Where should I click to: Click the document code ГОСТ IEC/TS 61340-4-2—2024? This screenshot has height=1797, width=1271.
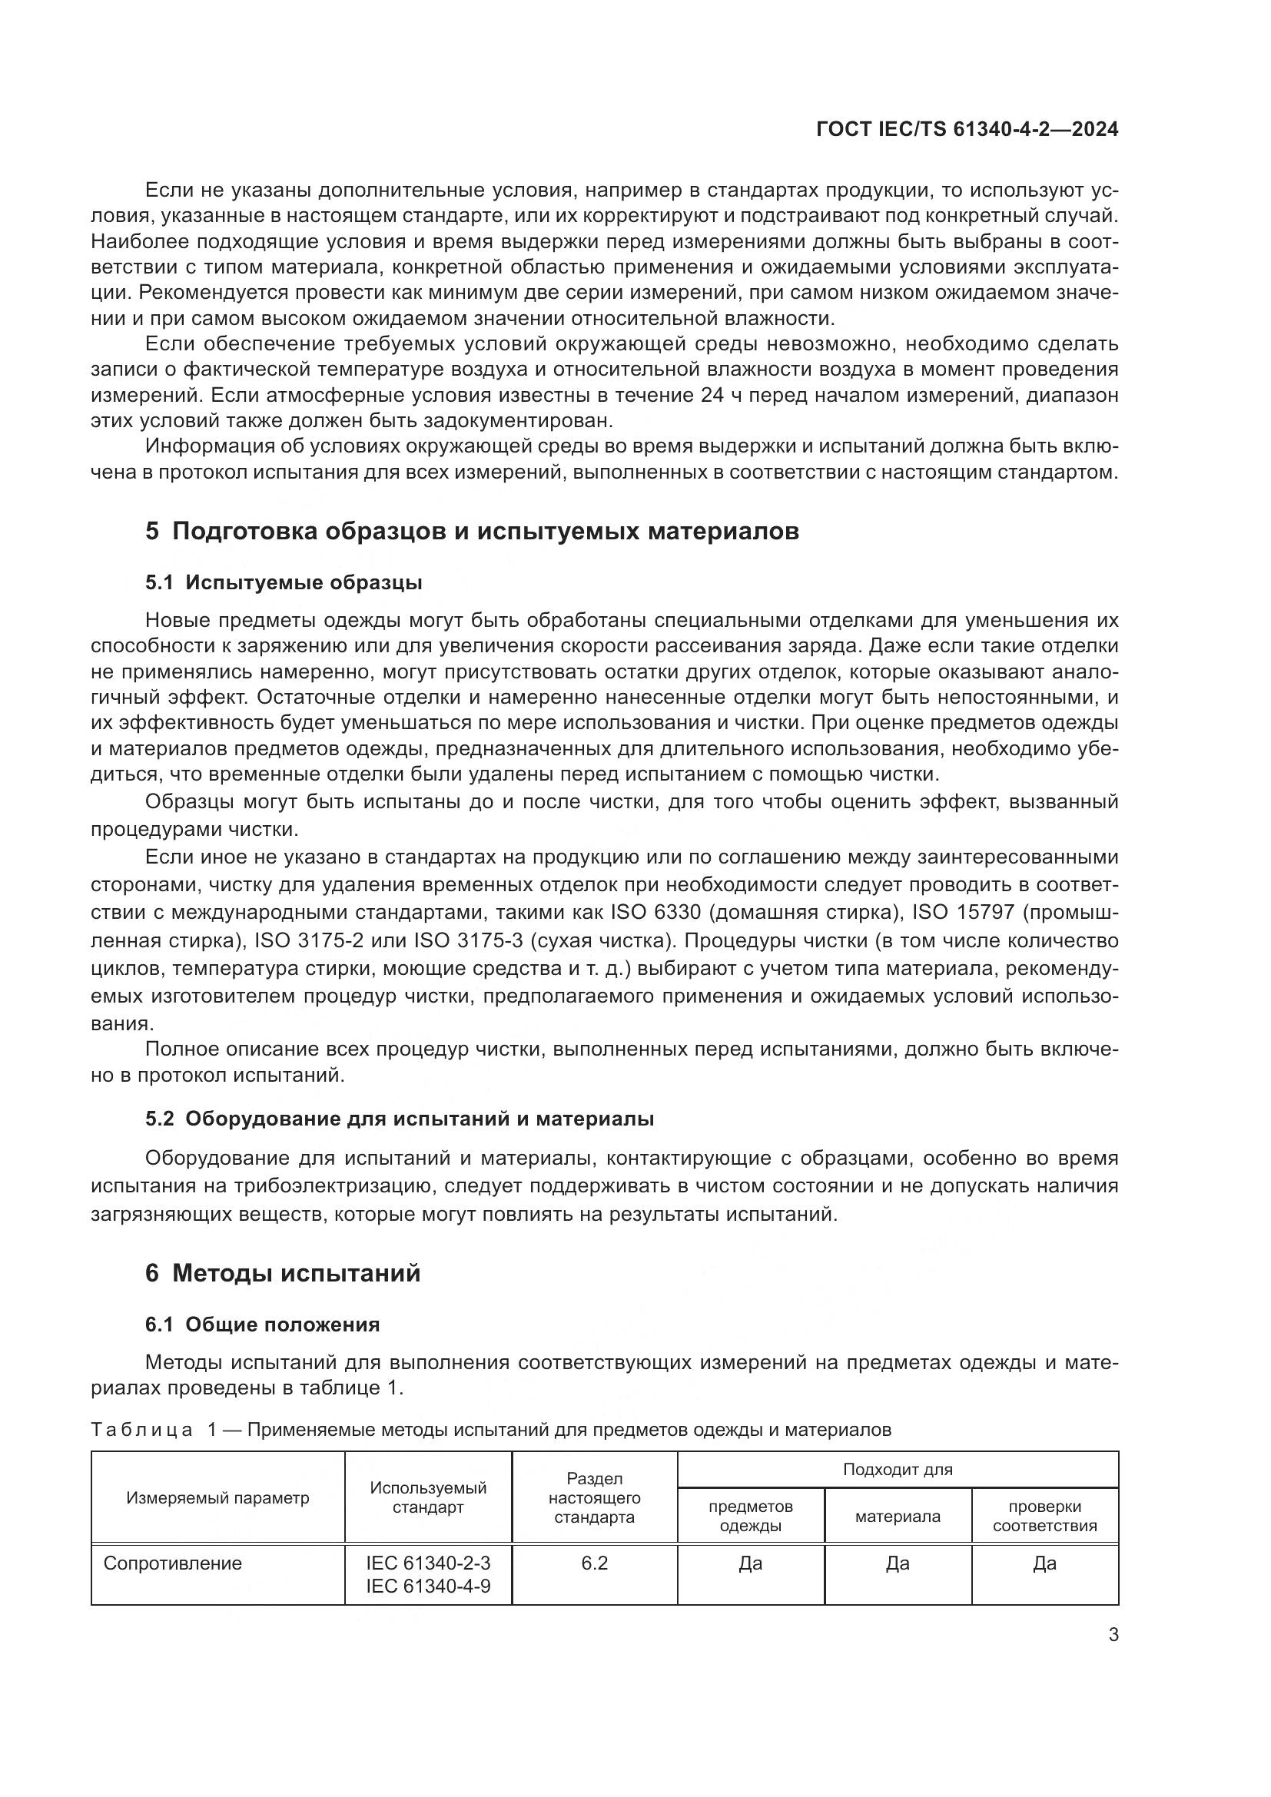(x=967, y=130)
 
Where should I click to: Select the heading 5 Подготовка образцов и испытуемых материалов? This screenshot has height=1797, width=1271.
(x=472, y=531)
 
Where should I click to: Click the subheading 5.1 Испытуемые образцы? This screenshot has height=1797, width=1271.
(x=284, y=582)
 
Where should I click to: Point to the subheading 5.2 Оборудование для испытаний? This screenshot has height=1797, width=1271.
(x=399, y=1119)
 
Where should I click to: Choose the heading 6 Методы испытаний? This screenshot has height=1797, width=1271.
(x=283, y=1273)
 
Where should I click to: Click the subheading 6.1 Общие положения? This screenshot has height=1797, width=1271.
(x=262, y=1325)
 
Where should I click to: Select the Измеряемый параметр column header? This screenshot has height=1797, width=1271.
(x=217, y=1498)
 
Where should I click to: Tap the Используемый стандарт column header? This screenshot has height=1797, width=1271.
(x=428, y=1497)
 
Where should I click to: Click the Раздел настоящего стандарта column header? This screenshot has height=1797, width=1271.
(x=594, y=1498)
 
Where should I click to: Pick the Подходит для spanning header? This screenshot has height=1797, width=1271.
(x=898, y=1469)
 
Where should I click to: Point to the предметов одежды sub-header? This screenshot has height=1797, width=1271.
(x=751, y=1516)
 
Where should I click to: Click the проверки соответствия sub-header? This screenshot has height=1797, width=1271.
(x=1045, y=1516)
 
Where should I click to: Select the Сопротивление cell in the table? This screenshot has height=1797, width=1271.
(x=173, y=1563)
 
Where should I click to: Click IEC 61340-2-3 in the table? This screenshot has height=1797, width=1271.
(x=428, y=1563)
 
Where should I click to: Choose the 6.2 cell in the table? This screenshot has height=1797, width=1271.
(x=594, y=1563)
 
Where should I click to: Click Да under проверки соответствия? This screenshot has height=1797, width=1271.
(x=1045, y=1563)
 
